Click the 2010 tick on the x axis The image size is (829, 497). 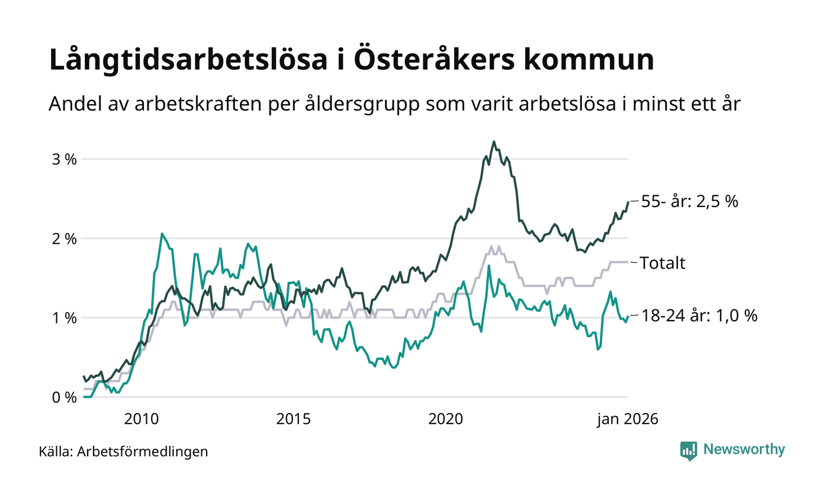pyautogui.click(x=142, y=419)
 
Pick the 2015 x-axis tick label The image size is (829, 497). pyautogui.click(x=294, y=419)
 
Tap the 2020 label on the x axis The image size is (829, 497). pyautogui.click(x=445, y=419)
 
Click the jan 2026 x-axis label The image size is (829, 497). pyautogui.click(x=627, y=419)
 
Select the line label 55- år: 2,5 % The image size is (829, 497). pyautogui.click(x=690, y=201)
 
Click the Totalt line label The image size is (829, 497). pyautogui.click(x=663, y=263)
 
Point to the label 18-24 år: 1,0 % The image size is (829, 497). pyautogui.click(x=699, y=316)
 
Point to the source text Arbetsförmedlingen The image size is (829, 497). pyautogui.click(x=143, y=452)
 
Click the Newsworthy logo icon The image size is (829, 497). pyautogui.click(x=689, y=450)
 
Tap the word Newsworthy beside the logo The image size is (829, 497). pyautogui.click(x=744, y=450)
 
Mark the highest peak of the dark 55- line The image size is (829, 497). pyautogui.click(x=493, y=142)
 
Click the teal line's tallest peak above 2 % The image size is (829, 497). pyautogui.click(x=162, y=234)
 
